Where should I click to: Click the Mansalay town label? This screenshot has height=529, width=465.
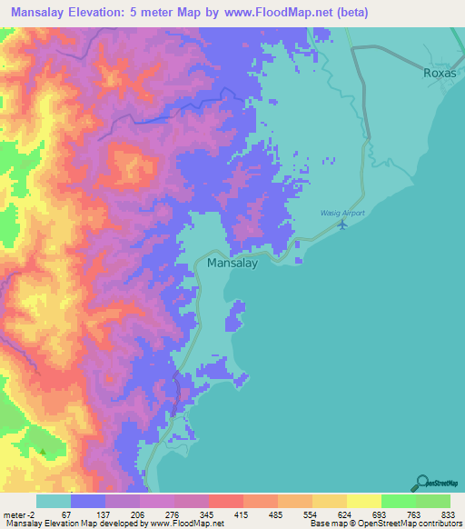pos(233,264)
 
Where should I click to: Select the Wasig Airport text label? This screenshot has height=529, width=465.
pos(341,212)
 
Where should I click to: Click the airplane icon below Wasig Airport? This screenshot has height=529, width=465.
pos(342,225)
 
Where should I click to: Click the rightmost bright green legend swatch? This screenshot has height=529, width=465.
pos(433,501)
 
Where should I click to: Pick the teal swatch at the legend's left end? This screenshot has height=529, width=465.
pos(54,501)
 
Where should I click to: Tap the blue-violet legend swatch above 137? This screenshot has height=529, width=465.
pos(88,501)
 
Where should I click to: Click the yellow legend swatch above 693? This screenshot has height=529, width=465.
pos(364,501)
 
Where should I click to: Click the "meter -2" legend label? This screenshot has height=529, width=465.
pos(17,514)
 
